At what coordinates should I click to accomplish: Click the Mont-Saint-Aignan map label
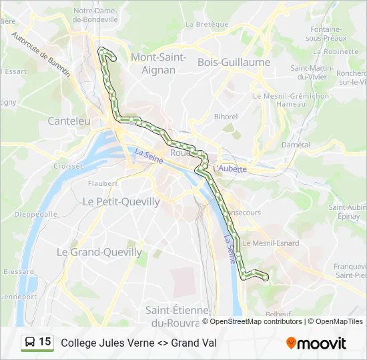pyautogui.click(x=158, y=63)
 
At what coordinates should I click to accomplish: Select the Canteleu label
pyautogui.click(x=69, y=121)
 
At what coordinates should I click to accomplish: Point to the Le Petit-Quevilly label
pyautogui.click(x=121, y=201)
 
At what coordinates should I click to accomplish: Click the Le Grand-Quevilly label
pyautogui.click(x=99, y=252)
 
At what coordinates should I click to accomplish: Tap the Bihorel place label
pyautogui.click(x=226, y=117)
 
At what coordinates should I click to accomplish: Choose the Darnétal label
pyautogui.click(x=296, y=145)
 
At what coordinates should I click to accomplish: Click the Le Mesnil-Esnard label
pyautogui.click(x=272, y=243)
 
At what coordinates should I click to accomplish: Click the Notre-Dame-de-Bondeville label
pyautogui.click(x=95, y=15)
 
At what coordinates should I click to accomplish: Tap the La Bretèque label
pyautogui.click(x=202, y=24)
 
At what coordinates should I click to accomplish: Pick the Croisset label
pyautogui.click(x=67, y=166)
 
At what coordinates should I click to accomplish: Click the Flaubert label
pyautogui.click(x=102, y=183)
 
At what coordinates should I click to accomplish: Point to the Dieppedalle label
pyautogui.click(x=35, y=215)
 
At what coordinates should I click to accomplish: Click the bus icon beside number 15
pyautogui.click(x=30, y=343)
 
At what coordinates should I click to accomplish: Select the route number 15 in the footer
pyautogui.click(x=45, y=342)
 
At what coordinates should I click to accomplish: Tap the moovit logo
pyautogui.click(x=316, y=343)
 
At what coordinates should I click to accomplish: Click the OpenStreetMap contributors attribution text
pyautogui.click(x=256, y=321)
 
